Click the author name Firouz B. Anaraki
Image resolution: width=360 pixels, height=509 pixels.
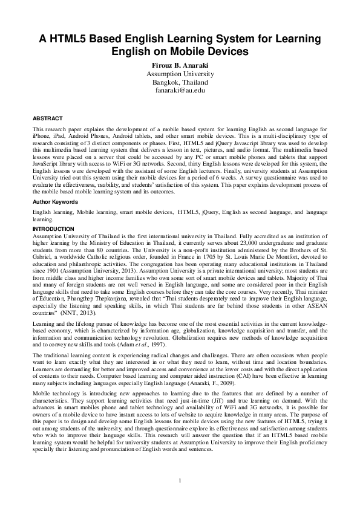point(179,63)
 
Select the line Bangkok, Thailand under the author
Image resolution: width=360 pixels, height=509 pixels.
point(179,81)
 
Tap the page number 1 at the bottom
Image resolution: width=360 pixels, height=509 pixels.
point(180,480)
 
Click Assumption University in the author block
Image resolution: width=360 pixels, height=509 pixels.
point(179,73)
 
